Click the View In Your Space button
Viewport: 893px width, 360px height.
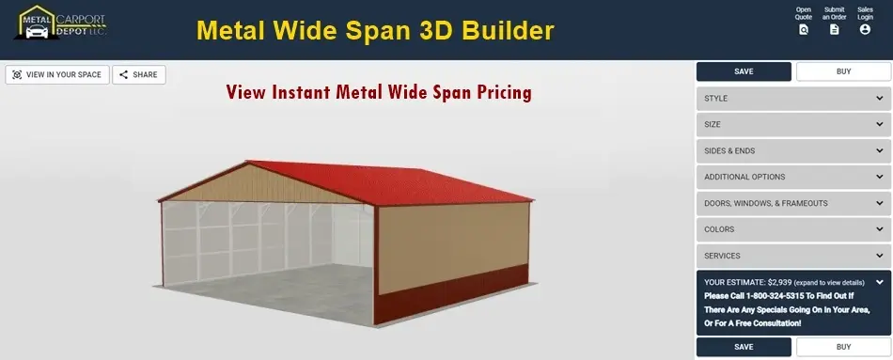[57, 74]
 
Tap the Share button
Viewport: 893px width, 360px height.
[139, 74]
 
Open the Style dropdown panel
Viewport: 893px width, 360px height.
[793, 98]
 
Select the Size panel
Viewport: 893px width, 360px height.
[793, 124]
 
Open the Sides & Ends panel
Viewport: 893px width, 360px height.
[793, 150]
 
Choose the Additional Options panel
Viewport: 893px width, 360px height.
[793, 177]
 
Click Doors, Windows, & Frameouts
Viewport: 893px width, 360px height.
[793, 203]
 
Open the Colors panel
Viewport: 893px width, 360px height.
[793, 229]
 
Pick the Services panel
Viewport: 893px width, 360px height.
[793, 256]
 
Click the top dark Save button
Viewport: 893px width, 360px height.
[744, 71]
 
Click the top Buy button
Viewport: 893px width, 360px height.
[843, 71]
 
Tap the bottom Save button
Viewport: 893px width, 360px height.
[744, 347]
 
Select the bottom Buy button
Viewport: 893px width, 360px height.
[843, 347]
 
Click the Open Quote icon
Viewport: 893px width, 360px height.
[803, 29]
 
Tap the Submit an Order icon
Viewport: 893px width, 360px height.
[834, 29]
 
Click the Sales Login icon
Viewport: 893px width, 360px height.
[865, 29]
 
